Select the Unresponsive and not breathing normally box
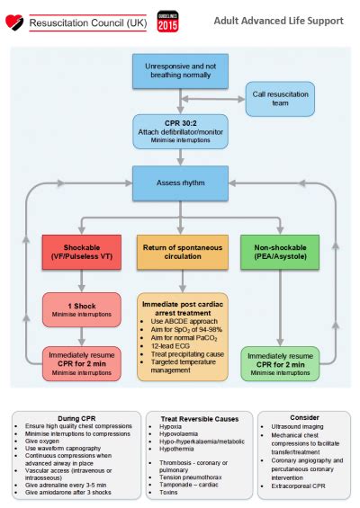click(181, 70)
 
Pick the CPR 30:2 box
click(181, 129)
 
